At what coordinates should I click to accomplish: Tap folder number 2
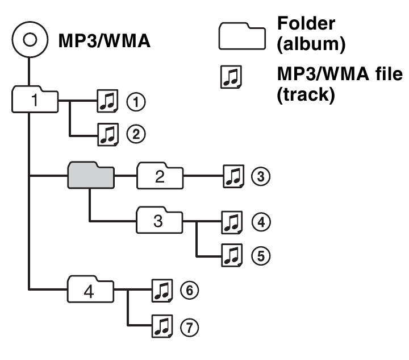click(160, 176)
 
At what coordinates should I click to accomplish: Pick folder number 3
click(160, 221)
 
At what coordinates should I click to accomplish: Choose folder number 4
click(89, 292)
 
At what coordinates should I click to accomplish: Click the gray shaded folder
click(90, 175)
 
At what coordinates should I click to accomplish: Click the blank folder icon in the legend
click(242, 34)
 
